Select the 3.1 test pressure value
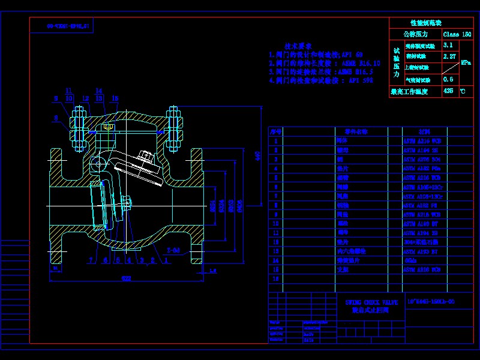(x=448, y=45)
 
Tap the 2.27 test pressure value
(x=449, y=56)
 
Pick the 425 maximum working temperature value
(x=448, y=91)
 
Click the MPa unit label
(x=466, y=62)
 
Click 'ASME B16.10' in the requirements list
(x=360, y=62)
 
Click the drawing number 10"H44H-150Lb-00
(x=430, y=301)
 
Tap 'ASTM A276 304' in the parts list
(x=421, y=160)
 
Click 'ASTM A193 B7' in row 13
(x=421, y=251)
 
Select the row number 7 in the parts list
(x=276, y=196)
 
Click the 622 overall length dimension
(x=127, y=278)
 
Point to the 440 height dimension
(x=259, y=156)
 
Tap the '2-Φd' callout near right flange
(x=174, y=250)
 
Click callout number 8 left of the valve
(x=56, y=118)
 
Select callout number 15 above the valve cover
(x=115, y=98)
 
